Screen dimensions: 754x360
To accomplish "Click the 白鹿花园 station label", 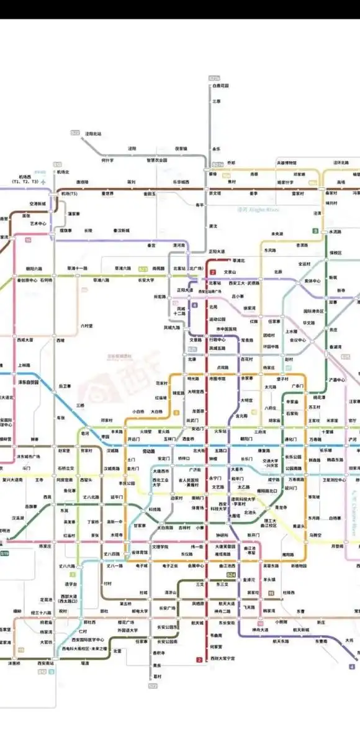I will coord(220,85).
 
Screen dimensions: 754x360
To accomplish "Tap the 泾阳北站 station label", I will coord(93,133).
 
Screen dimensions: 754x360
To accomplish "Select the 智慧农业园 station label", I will coord(158,159).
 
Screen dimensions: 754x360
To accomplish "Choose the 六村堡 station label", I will coord(87,325).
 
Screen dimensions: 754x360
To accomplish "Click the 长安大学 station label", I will coord(146,280).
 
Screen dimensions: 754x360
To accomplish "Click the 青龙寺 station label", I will coord(281,507).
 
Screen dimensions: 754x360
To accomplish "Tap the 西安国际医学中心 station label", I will coord(86,639).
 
